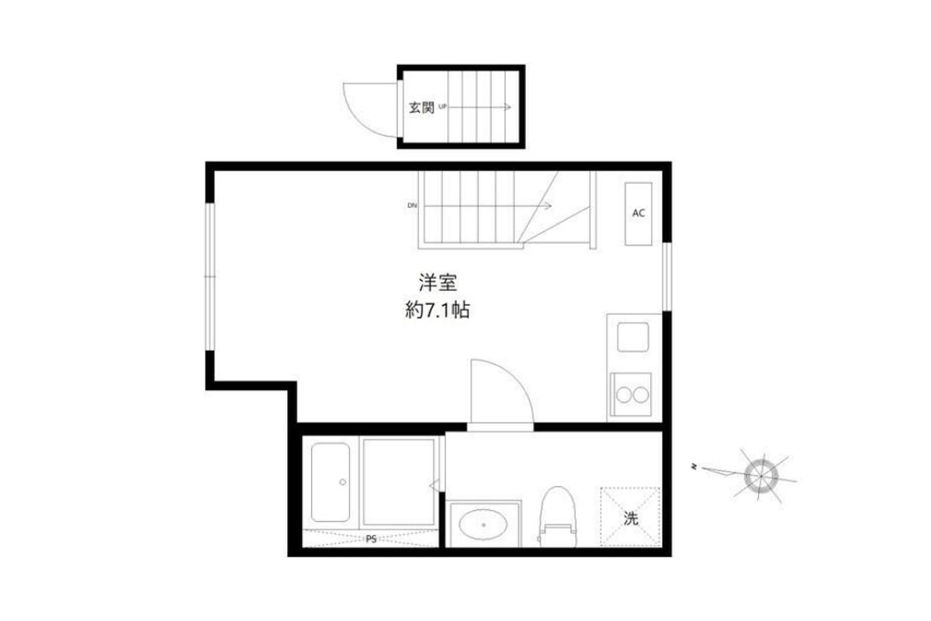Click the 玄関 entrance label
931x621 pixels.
tap(421, 107)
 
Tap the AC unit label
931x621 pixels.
tap(639, 213)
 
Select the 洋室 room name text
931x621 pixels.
tap(438, 283)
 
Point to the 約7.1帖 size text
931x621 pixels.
tap(438, 310)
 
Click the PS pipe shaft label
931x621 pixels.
tap(371, 539)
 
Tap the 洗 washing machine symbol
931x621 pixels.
tap(631, 518)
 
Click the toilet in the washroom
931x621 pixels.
tap(558, 517)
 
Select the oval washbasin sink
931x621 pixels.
tap(483, 525)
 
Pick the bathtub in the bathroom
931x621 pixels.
tap(331, 483)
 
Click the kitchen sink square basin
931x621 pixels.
tap(632, 337)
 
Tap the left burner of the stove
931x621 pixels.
tap(624, 395)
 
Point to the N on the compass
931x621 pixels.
tap(694, 467)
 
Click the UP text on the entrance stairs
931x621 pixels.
tap(443, 106)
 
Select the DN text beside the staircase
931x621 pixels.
tap(412, 206)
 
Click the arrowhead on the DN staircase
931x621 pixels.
tap(549, 206)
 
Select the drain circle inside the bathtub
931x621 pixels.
tap(342, 482)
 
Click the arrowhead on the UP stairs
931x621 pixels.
tap(508, 107)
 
